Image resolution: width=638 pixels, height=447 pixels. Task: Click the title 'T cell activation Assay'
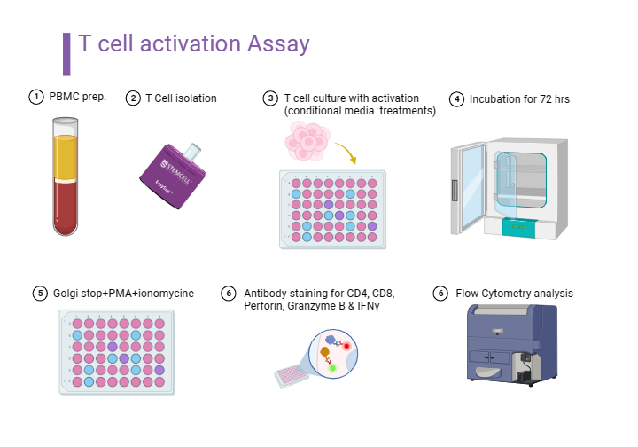click(193, 44)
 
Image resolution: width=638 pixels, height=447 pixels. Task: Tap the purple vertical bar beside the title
click(66, 53)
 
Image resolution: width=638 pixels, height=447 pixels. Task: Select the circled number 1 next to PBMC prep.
click(35, 97)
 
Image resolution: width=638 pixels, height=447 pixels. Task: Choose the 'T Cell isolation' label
click(181, 98)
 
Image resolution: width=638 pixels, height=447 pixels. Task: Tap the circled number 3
click(270, 98)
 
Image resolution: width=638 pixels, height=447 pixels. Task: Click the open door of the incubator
click(470, 186)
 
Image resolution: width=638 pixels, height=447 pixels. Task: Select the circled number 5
click(39, 293)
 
